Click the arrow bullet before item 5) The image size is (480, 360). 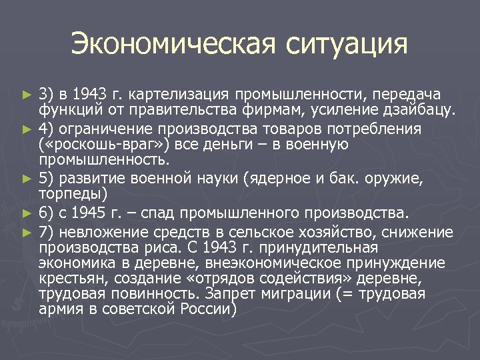coord(27,178)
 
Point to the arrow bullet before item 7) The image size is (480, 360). coord(27,231)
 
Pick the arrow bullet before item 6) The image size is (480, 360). coord(27,214)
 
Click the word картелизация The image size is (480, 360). coord(170,94)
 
